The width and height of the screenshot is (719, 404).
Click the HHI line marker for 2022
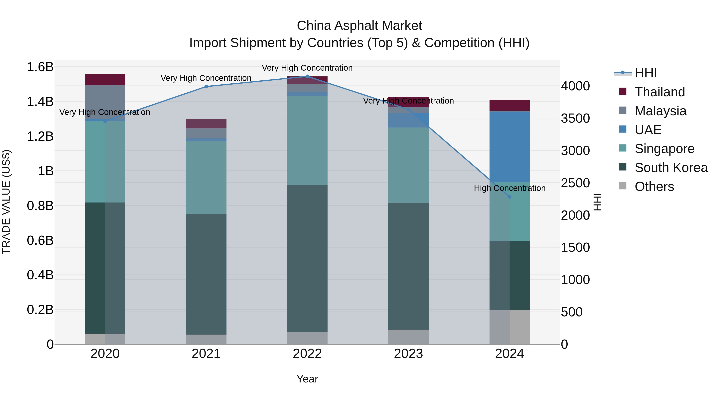point(307,76)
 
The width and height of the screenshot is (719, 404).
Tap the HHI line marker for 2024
point(509,197)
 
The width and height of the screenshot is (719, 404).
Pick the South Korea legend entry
point(671,168)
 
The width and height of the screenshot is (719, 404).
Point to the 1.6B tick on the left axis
point(40,67)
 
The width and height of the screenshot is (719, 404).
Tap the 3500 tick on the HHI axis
point(575,119)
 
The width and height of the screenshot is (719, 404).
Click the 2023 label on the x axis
point(408,354)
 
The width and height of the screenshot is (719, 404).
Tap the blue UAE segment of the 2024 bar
point(509,147)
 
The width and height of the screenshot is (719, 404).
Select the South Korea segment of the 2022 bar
point(307,258)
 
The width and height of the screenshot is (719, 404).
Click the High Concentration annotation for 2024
point(509,188)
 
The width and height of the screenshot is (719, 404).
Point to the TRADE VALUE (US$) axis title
point(6,202)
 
